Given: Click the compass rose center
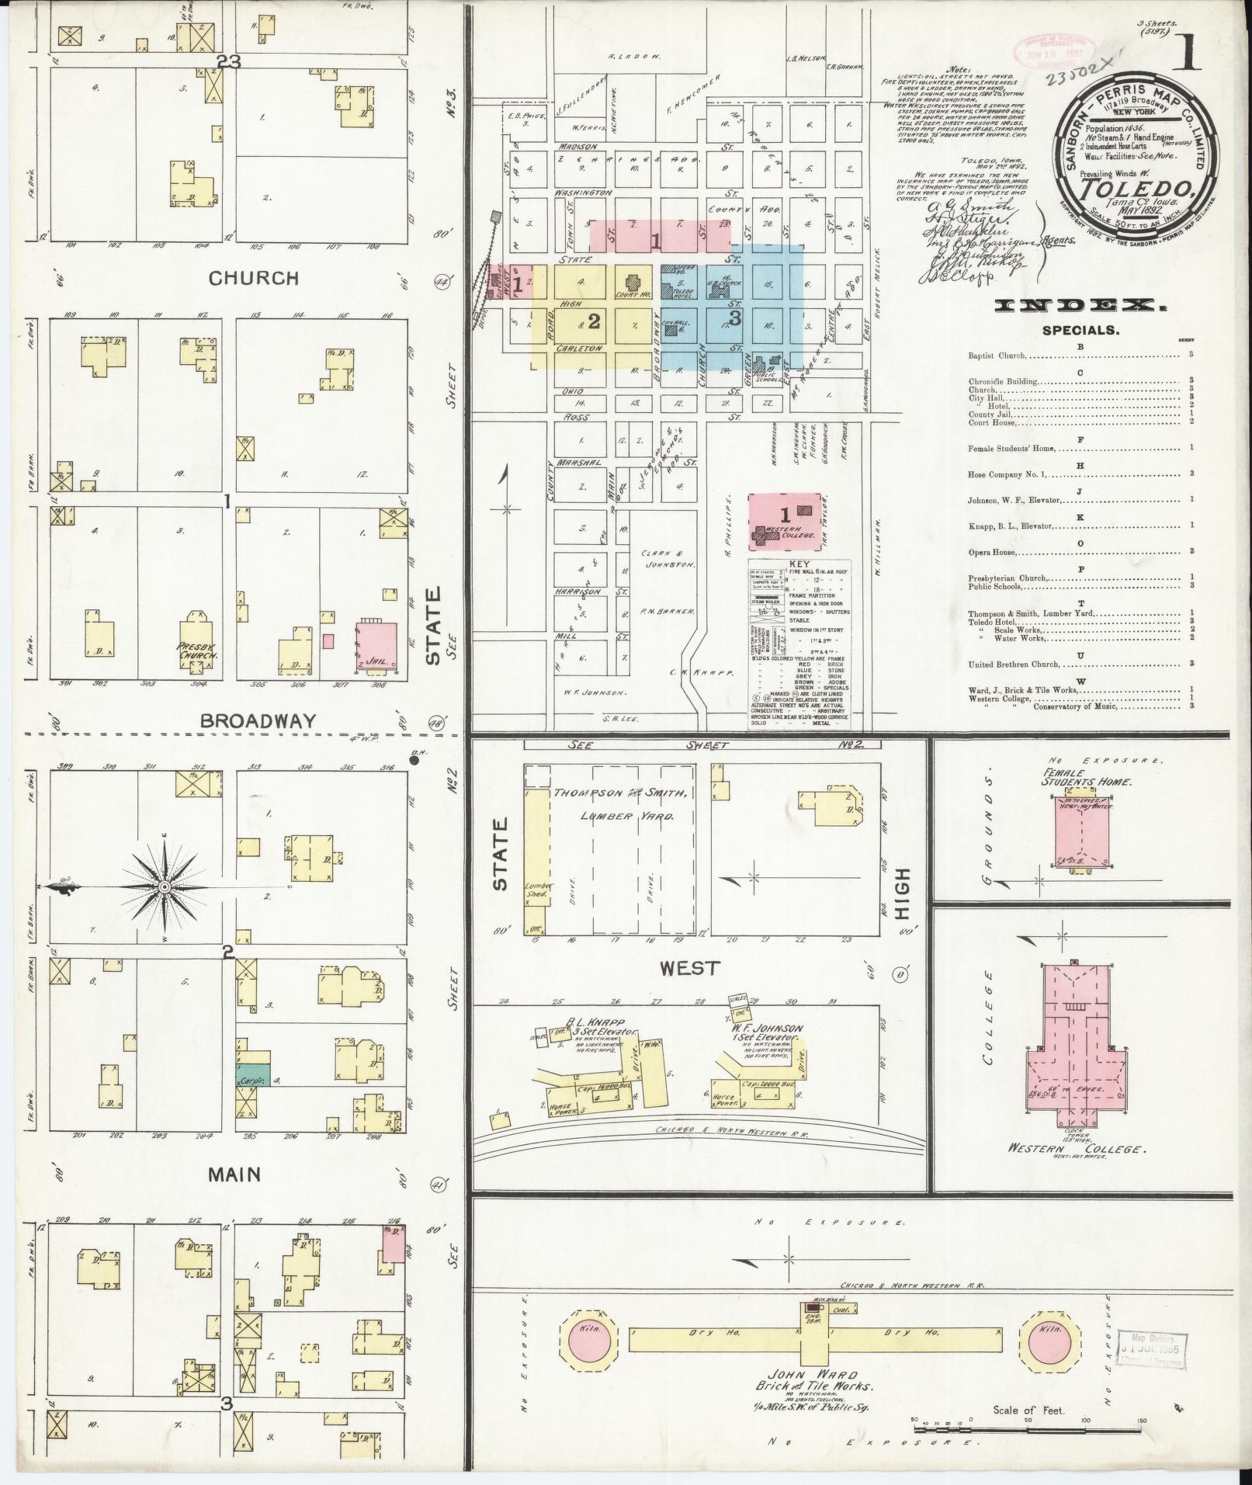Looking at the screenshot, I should pos(165,886).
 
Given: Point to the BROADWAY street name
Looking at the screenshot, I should pos(258,720).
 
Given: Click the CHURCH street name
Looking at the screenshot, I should pos(255,278).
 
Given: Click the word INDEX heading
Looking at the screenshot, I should pos(1078,307).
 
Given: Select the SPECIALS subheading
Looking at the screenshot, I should pos(1080,330).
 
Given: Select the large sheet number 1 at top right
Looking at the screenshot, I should pos(1188,54).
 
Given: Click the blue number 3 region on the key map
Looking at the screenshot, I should pos(734,317).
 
